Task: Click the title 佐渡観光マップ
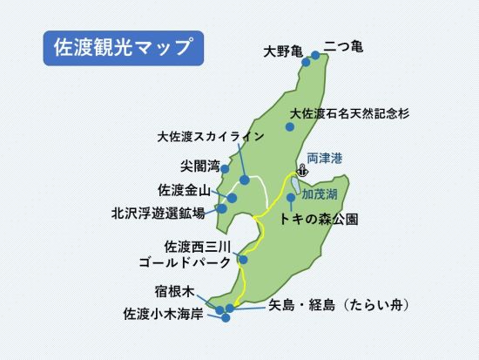coord(122,49)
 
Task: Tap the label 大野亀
coord(282,52)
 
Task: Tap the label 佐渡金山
coord(184,189)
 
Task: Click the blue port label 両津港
coord(325,159)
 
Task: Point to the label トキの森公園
coord(319,219)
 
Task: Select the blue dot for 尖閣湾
coord(225,169)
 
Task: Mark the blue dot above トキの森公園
coord(290,197)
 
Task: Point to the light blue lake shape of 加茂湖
coord(297,186)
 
